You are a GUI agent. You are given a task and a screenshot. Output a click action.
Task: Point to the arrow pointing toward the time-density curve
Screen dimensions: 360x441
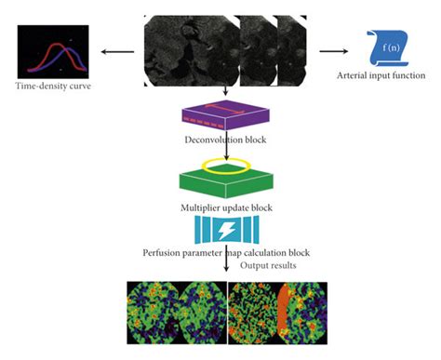[115, 53]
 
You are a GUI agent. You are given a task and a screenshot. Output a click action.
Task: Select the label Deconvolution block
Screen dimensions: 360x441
[226, 140]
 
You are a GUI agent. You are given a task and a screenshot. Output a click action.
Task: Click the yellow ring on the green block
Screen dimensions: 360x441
[226, 167]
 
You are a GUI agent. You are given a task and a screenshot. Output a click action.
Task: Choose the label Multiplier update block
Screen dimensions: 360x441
[226, 207]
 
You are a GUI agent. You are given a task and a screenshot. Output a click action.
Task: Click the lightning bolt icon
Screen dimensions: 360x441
[226, 229]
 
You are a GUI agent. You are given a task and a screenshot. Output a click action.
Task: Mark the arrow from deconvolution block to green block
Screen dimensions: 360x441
[226, 150]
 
